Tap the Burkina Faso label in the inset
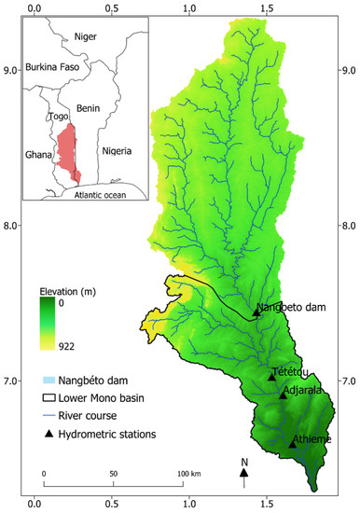point(57,67)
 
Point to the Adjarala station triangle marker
point(284,395)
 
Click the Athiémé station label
point(312,437)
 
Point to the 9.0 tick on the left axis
point(13,70)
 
